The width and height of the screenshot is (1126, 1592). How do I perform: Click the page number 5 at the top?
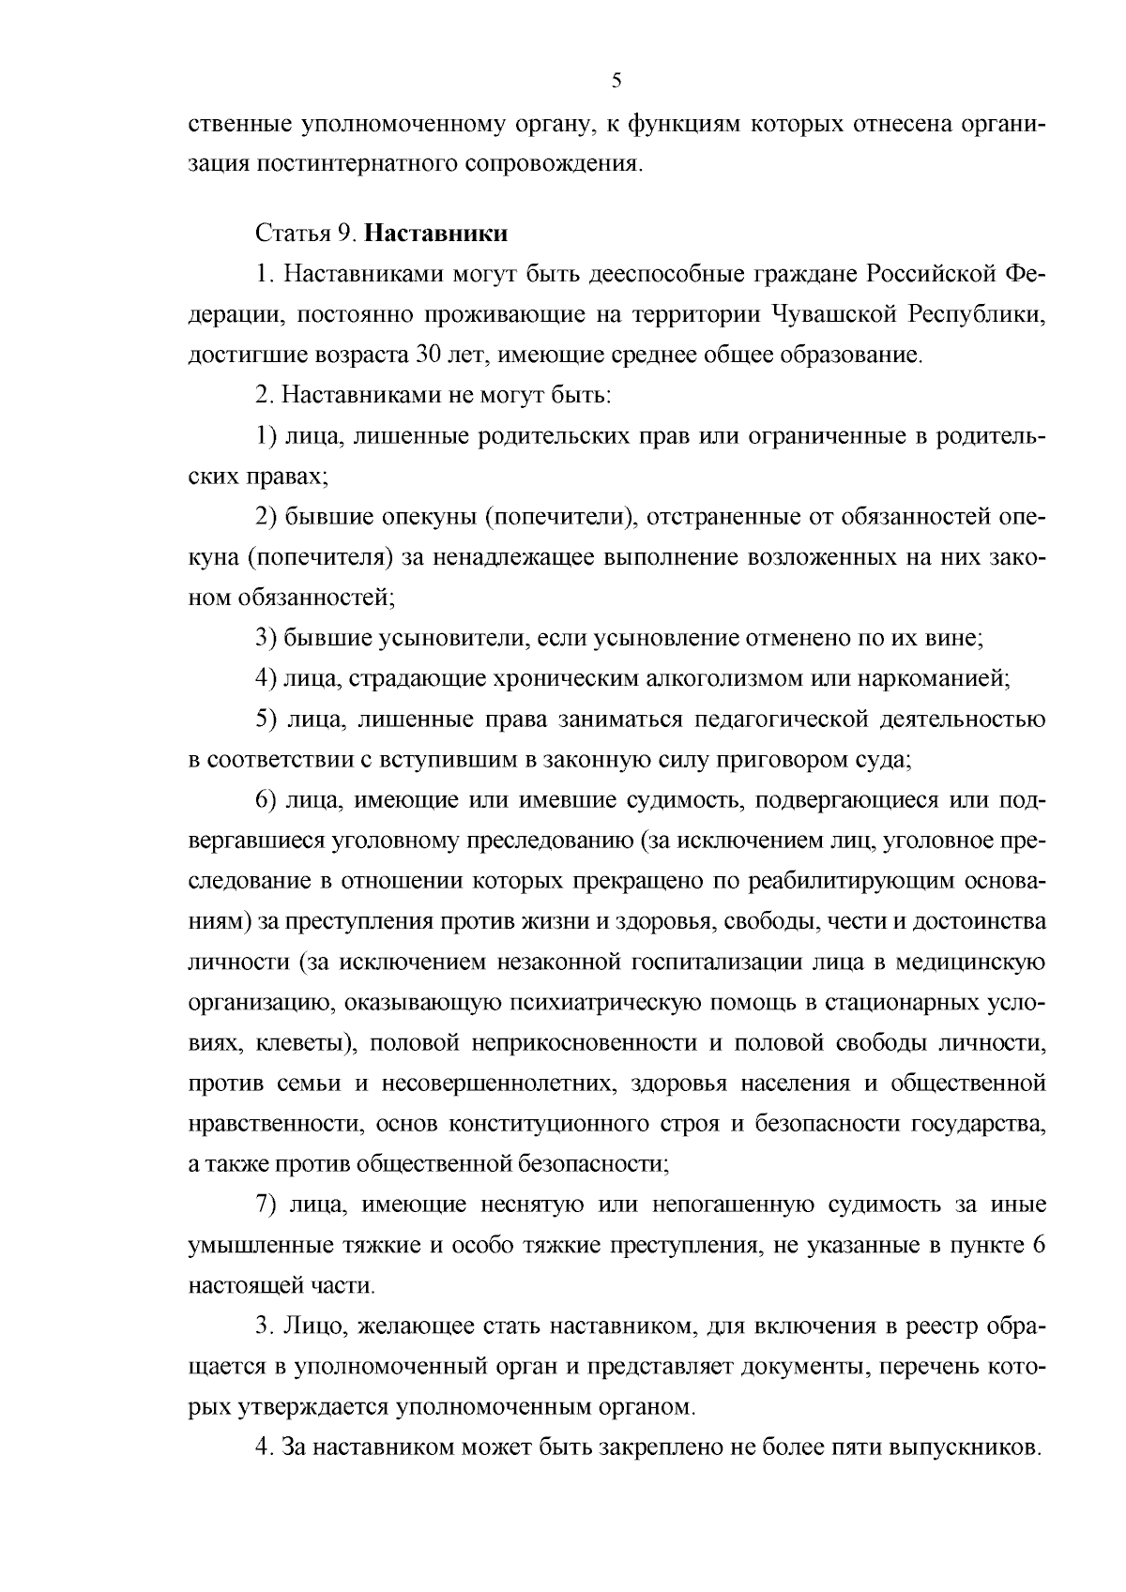tap(616, 81)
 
